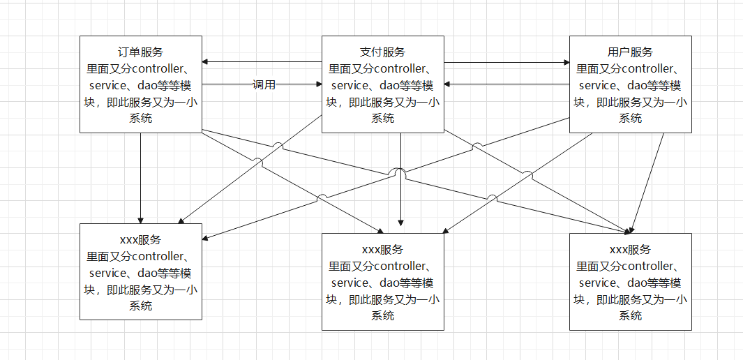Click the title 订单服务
[x=141, y=52]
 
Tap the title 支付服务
[x=382, y=52]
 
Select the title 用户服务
[x=631, y=52]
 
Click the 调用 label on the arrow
[x=264, y=85]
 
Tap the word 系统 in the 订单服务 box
[x=141, y=119]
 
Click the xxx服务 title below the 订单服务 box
[x=141, y=240]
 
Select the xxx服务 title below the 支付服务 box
[x=382, y=250]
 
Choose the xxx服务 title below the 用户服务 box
[x=631, y=250]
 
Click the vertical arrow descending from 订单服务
[x=141, y=178]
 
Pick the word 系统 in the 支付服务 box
[x=382, y=119]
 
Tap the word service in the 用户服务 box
[x=598, y=86]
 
